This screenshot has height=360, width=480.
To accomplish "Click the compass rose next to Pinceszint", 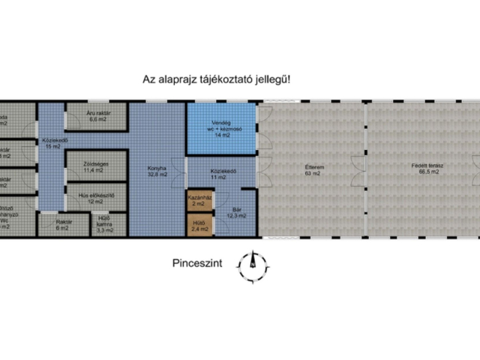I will click(x=253, y=264).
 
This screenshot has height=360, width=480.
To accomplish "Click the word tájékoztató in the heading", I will click(x=226, y=78).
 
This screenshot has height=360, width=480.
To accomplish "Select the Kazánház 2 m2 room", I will click(x=199, y=201).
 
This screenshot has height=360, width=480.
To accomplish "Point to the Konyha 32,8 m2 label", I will click(x=157, y=172).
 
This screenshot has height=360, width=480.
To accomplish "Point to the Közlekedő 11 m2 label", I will click(x=223, y=174).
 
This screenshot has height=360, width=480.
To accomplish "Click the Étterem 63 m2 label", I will click(x=310, y=169).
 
